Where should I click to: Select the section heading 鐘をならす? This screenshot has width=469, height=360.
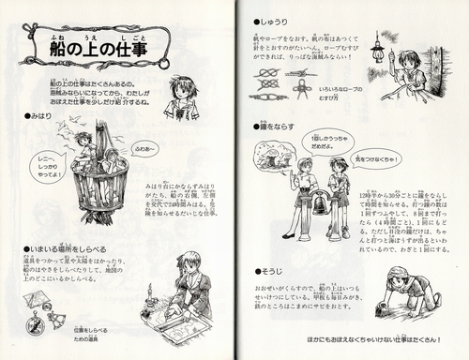[x=282, y=125]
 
